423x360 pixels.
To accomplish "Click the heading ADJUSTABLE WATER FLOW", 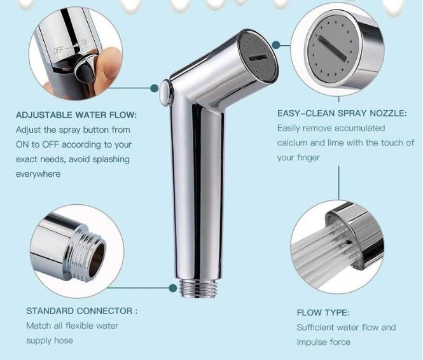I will click(76, 116).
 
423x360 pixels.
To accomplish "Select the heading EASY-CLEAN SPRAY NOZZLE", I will click(342, 113).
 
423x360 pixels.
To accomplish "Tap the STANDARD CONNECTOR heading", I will click(81, 311).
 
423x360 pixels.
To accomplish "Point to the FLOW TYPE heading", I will click(323, 312).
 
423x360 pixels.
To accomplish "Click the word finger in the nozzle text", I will click(307, 158).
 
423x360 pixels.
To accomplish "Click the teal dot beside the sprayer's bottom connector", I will click(172, 288).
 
